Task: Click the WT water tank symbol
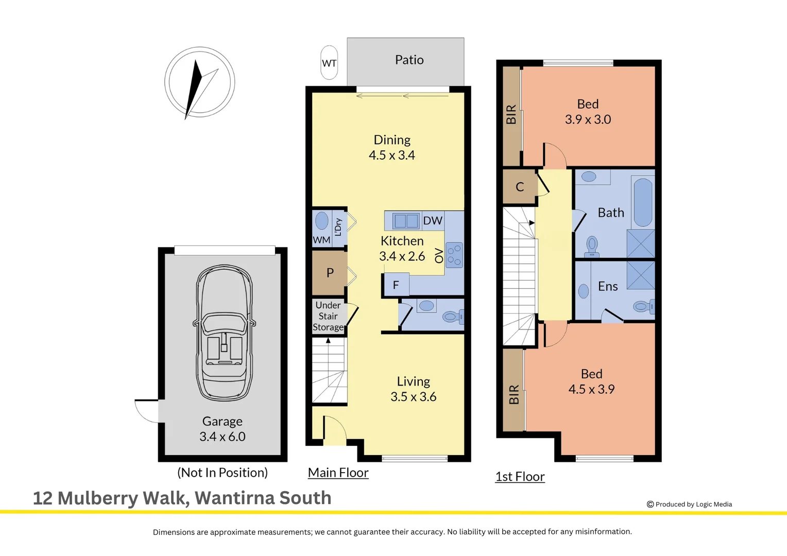pos(329,62)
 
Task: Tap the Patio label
pos(409,60)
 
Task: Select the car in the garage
pos(224,333)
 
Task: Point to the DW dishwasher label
pos(433,220)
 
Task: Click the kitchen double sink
pos(406,221)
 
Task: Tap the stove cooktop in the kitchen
pos(455,255)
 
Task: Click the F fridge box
pos(396,285)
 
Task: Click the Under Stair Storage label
pos(328,316)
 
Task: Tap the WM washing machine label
pos(321,240)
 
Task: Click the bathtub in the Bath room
pos(643,202)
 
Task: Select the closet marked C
pos(520,186)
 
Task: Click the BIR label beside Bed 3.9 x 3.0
pos(511,114)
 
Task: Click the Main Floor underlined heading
pos(338,473)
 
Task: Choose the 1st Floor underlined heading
pos(520,477)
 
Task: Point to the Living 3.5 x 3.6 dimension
pos(414,396)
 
